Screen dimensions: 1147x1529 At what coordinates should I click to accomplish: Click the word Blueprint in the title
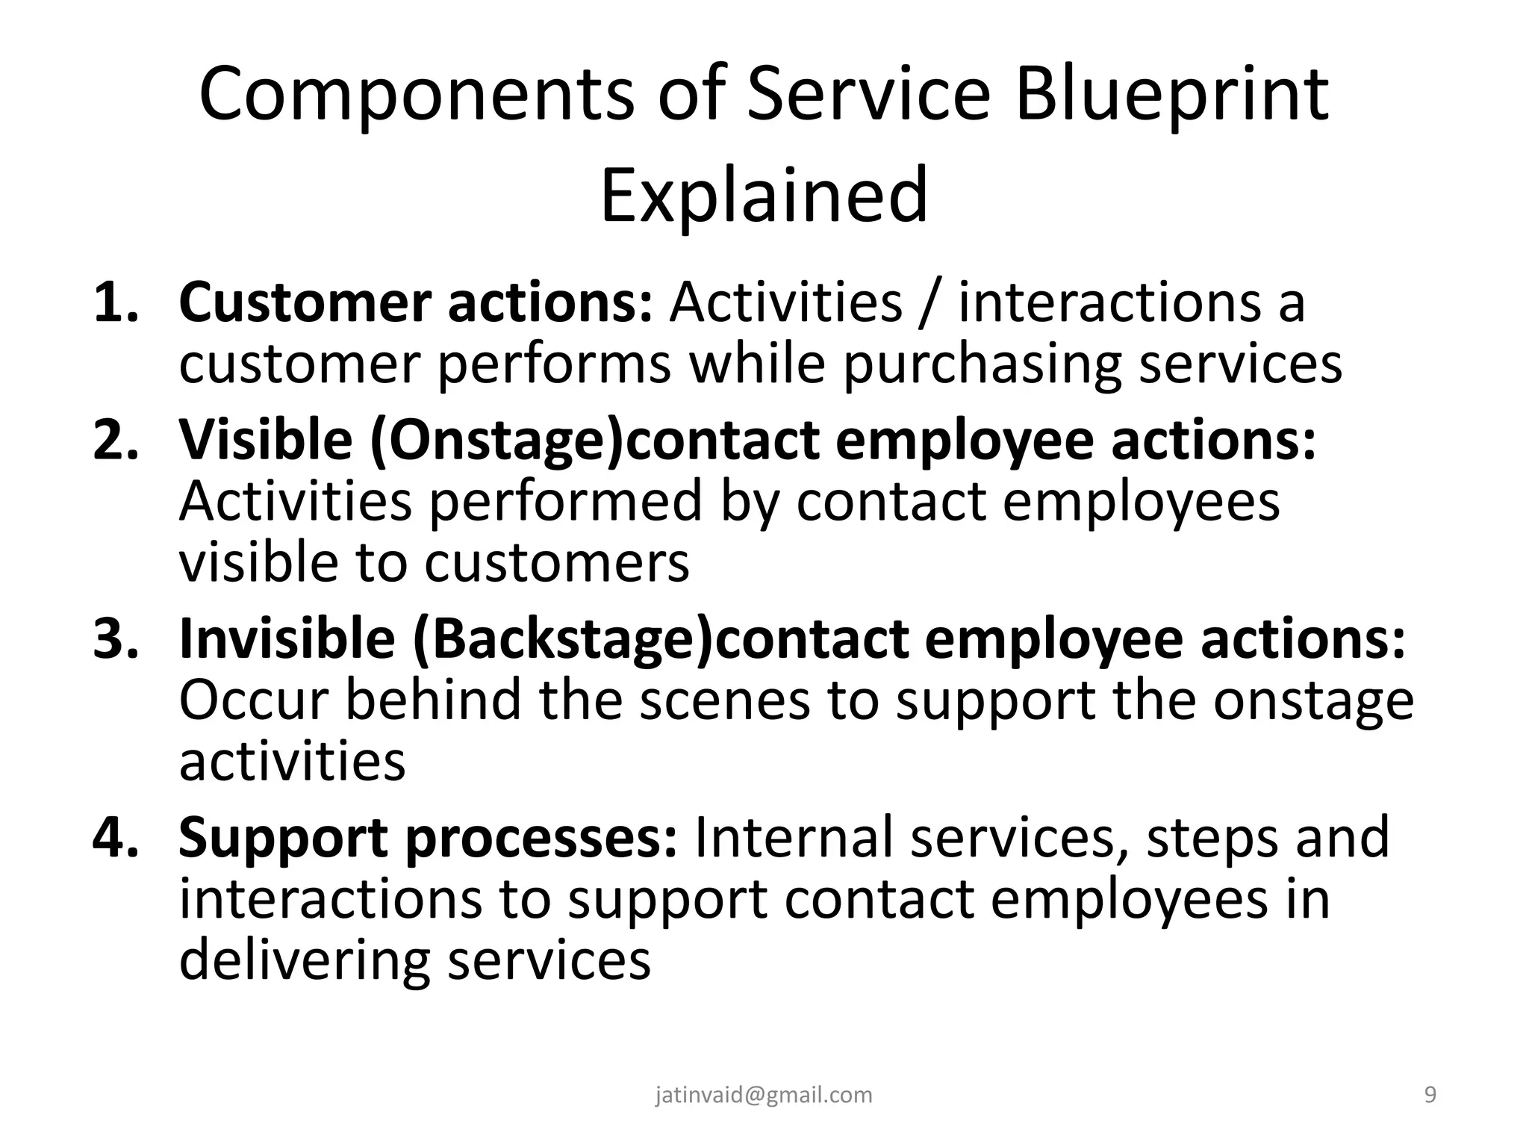(1171, 96)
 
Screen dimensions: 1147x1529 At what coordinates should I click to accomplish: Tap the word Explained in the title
(764, 196)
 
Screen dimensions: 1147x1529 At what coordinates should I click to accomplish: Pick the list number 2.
(116, 440)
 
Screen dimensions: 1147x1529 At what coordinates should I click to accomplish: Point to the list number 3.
(116, 639)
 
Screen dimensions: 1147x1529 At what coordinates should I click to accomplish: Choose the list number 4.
(116, 837)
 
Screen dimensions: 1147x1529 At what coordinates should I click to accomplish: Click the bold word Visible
(266, 440)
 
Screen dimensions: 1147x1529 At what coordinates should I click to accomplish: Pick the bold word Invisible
(287, 639)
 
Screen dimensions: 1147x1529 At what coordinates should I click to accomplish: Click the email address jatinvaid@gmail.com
(764, 1095)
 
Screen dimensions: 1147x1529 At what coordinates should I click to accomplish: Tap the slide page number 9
(1430, 1095)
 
